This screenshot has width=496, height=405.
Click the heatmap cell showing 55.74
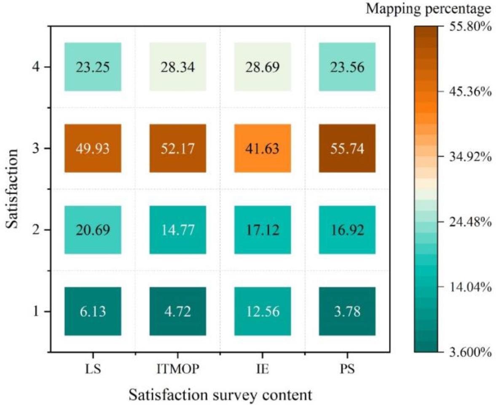(347, 148)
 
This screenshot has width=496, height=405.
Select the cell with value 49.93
(93, 148)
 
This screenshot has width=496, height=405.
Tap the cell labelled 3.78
(347, 311)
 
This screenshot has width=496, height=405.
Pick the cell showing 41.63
(262, 148)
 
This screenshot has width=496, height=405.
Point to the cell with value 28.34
(177, 67)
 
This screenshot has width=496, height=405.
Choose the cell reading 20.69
(93, 230)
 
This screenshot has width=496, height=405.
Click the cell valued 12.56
(262, 311)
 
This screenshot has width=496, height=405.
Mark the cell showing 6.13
(93, 311)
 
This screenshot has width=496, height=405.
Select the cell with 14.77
(177, 230)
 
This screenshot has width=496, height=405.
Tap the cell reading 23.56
(347, 67)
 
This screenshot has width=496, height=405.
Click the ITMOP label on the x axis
(177, 370)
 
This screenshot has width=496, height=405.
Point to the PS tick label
(347, 370)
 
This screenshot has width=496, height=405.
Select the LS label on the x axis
(93, 370)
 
